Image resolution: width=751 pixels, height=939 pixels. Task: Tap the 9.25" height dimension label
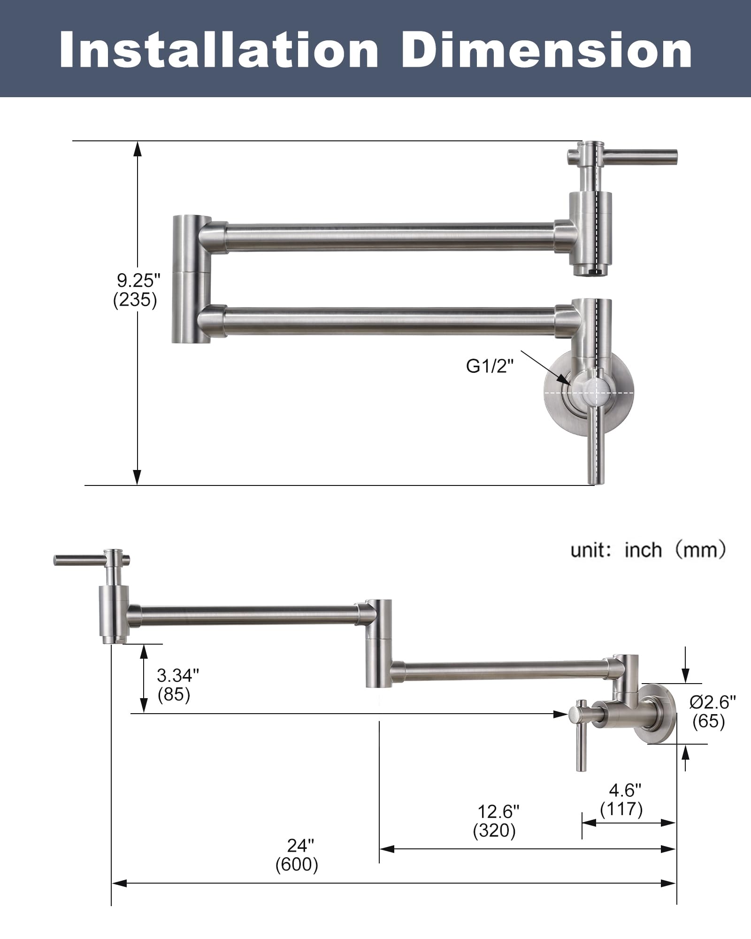pos(138,281)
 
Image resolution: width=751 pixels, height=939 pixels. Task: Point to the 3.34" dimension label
pos(177,676)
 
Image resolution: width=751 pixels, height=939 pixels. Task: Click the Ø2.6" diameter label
pos(712,702)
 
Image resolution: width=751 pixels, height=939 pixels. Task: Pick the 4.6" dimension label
pos(625,791)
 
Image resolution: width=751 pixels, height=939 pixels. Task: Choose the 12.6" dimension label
pos(498,811)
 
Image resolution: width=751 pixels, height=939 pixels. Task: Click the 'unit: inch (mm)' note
pos(648,549)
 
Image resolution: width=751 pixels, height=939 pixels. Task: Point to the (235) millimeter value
pos(135,300)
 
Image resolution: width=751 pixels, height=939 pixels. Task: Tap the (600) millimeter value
pos(297,864)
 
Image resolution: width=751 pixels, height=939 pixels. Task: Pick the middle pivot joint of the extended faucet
pos(379,643)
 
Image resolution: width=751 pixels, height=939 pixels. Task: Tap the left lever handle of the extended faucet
pos(80,560)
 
